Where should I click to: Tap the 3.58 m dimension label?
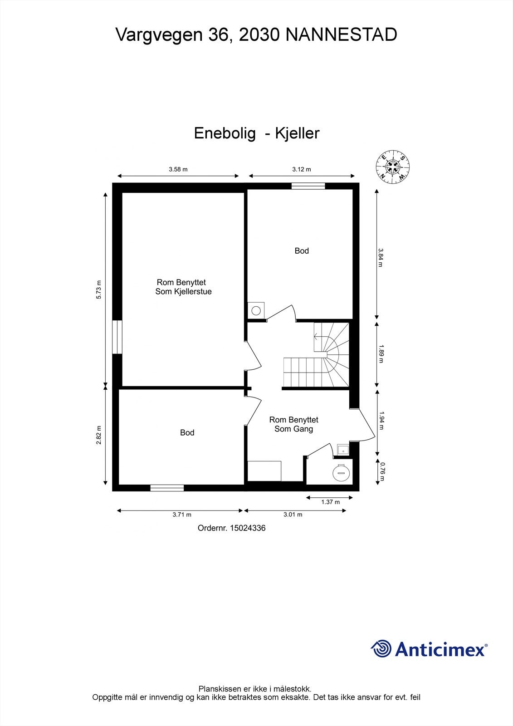coord(178,169)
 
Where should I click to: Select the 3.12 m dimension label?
coord(301,169)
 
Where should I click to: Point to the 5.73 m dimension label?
coord(99,289)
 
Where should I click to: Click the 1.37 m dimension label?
coord(330,502)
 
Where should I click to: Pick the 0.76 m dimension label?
coord(382,471)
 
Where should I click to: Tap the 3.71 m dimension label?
coord(181,515)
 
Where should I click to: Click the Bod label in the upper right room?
coord(302,251)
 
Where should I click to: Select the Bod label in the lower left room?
coord(187,433)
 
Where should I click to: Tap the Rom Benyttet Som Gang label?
coord(293,424)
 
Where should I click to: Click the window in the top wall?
coord(308,186)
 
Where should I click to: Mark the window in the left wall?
coord(117,337)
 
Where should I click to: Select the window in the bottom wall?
coord(167,488)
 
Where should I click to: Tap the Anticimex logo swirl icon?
coord(381,648)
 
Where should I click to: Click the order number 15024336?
coord(248,528)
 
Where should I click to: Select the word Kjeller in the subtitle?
coord(298,133)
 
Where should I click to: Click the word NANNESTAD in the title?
coord(341,35)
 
